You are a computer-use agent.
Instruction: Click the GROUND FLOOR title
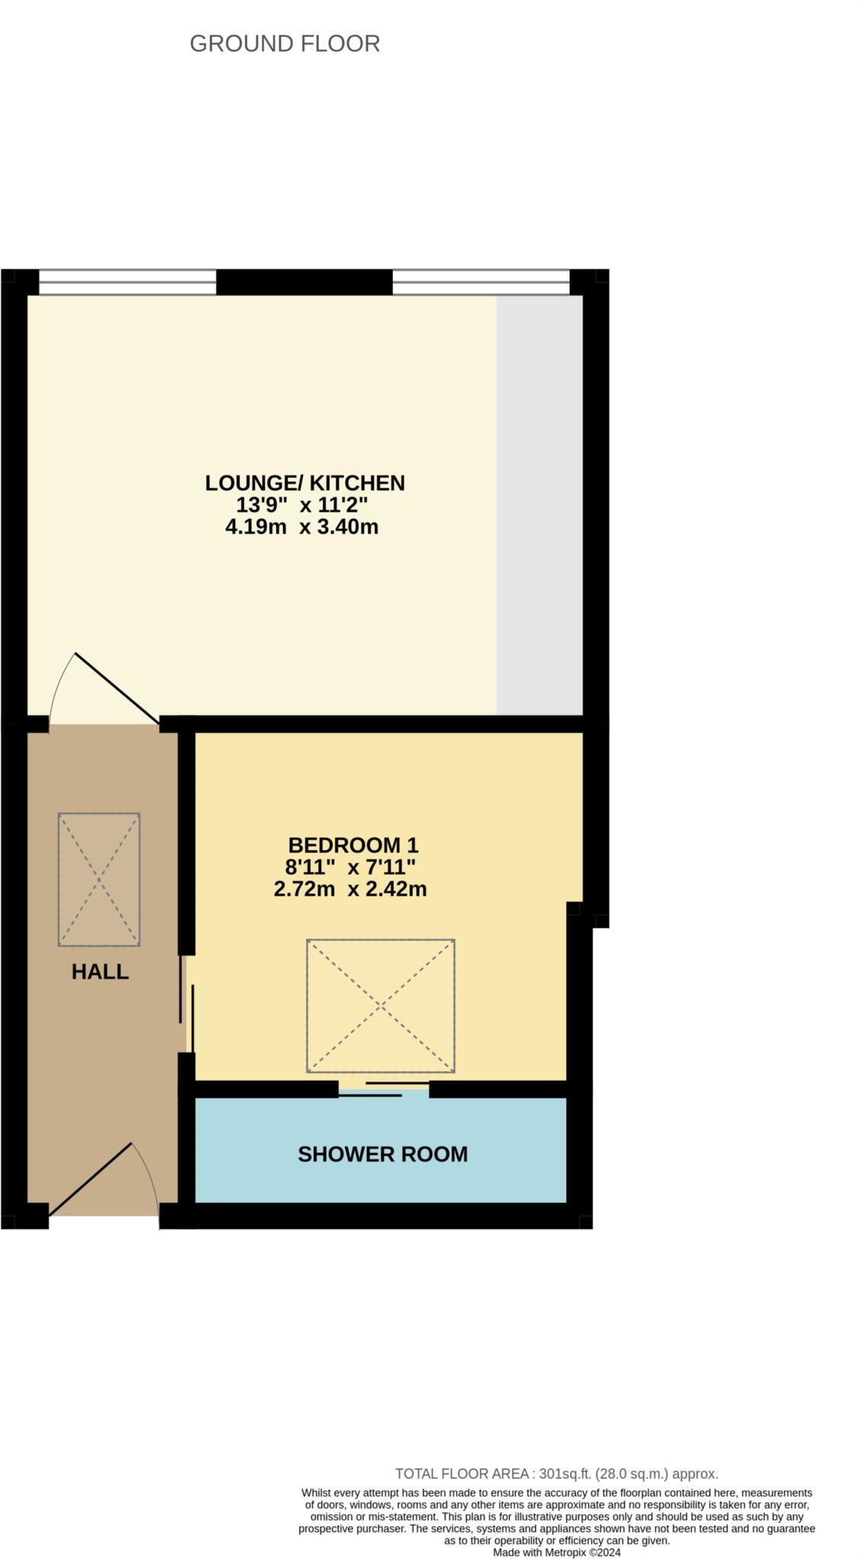pos(285,44)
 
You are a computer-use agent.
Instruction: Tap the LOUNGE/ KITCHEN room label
pos(305,483)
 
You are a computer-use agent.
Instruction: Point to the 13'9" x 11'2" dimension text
pos(302,504)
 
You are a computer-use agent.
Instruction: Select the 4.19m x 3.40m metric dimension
pos(301,526)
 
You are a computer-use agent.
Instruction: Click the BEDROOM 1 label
pos(353,845)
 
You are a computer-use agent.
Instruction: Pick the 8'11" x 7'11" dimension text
pos(350,866)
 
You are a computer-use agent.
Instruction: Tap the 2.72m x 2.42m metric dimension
pos(350,888)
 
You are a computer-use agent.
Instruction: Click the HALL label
pos(100,971)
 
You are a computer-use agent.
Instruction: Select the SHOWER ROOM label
pos(382,1154)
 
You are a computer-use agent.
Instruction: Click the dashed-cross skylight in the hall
pos(99,879)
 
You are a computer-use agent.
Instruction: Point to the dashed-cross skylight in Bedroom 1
pos(381,1006)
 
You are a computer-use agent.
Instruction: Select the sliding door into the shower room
pos(384,1089)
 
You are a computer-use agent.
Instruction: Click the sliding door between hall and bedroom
pos(187,1003)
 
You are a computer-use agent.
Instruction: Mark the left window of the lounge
pos(127,282)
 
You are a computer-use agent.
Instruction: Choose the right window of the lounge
pos(480,282)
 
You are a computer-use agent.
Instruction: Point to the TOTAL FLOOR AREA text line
pos(556,1474)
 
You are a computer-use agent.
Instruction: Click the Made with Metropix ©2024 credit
pos(556,1553)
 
